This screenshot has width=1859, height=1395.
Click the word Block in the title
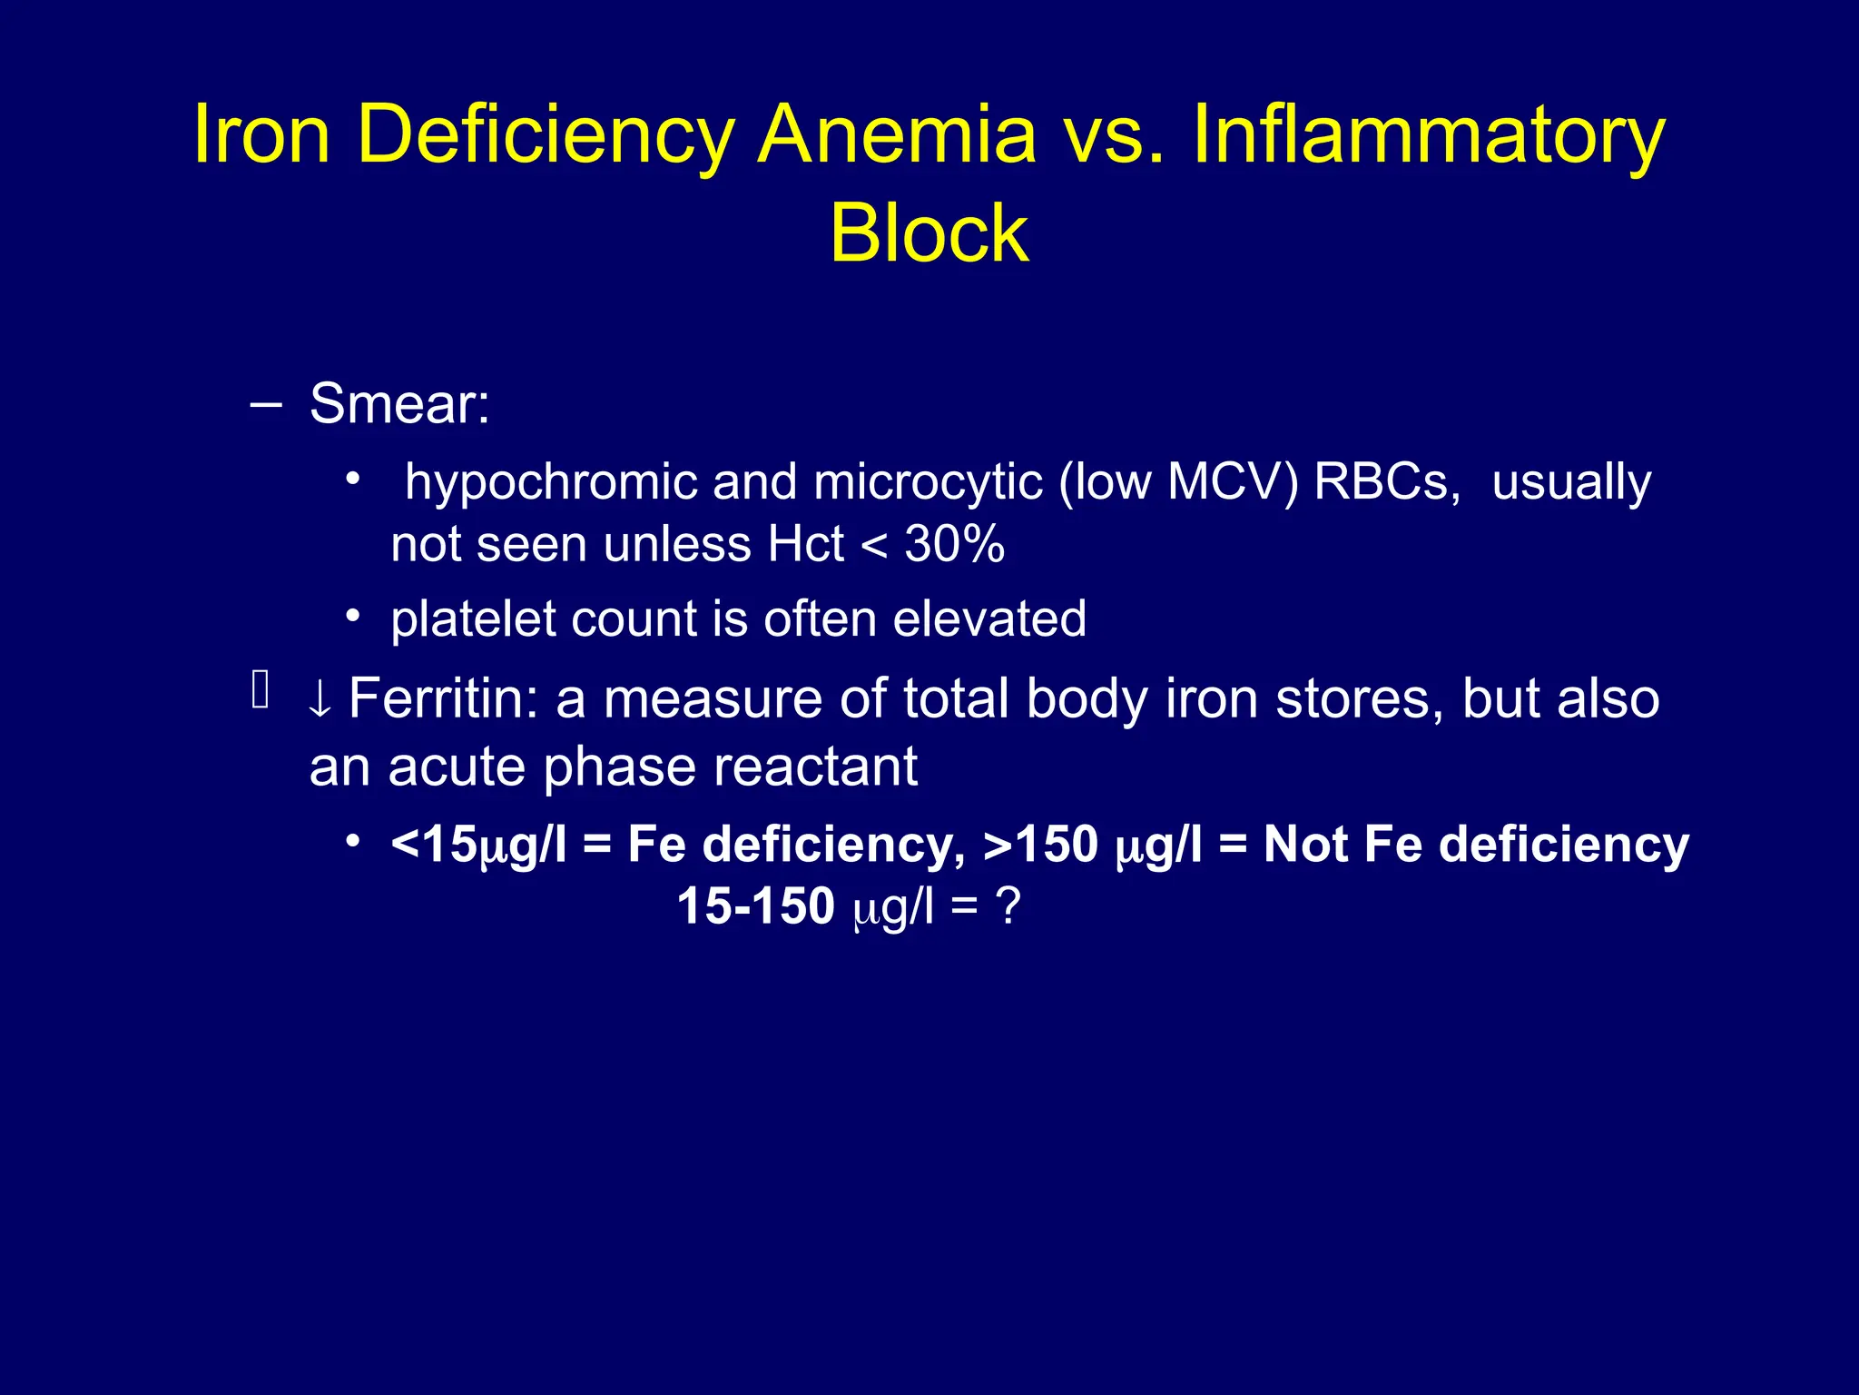[929, 233]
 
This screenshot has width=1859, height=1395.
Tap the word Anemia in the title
[896, 135]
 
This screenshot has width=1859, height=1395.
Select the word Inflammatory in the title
[1428, 135]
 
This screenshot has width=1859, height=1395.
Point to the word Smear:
[399, 403]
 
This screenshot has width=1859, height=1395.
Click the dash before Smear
[265, 403]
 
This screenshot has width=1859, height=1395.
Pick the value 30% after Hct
[954, 545]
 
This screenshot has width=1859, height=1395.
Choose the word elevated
[989, 619]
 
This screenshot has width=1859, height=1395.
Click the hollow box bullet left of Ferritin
[261, 688]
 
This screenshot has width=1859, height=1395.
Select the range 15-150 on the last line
[755, 906]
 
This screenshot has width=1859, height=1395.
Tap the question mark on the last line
[1008, 906]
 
